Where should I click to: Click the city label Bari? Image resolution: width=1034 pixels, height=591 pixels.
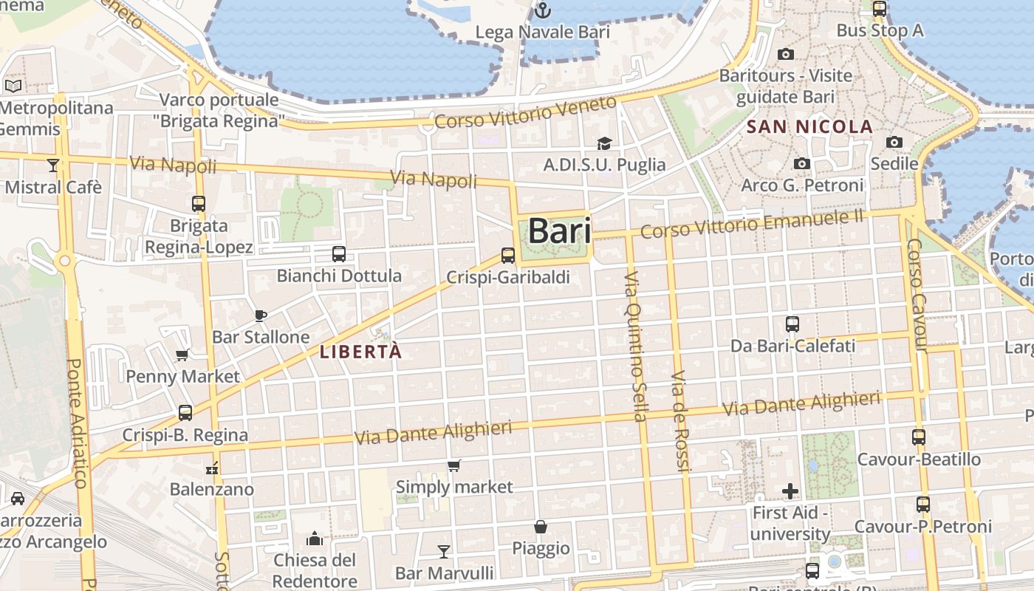point(559,231)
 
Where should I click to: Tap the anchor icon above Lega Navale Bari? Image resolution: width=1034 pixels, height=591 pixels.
point(543,10)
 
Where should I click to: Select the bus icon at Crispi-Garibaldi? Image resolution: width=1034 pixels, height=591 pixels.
point(508,256)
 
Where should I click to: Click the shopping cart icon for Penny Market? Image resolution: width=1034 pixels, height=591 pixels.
point(182,355)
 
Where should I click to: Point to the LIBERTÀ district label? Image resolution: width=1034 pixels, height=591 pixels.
point(361,352)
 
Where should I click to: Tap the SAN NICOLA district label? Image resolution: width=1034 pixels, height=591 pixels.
point(809,127)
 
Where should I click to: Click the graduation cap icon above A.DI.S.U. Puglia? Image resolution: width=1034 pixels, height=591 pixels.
point(604,143)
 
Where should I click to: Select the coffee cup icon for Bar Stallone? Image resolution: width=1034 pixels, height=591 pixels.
point(261,315)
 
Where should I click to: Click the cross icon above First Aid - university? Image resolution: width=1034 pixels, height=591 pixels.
point(790,491)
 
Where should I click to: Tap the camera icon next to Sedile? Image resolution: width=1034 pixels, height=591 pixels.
point(894,142)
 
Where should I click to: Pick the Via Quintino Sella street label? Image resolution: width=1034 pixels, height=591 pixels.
point(635,346)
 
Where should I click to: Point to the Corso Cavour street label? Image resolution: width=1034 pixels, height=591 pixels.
point(917,295)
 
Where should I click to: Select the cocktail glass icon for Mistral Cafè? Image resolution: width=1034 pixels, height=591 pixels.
point(52,165)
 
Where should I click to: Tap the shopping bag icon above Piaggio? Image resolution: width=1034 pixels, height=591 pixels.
point(541,527)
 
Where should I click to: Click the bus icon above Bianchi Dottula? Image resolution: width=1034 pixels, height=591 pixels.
point(339,254)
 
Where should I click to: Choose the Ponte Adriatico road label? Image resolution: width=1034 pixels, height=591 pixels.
point(77,423)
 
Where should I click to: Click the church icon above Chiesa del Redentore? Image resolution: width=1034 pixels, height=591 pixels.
point(315,539)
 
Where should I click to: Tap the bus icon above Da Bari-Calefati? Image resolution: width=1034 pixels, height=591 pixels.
point(792,324)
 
